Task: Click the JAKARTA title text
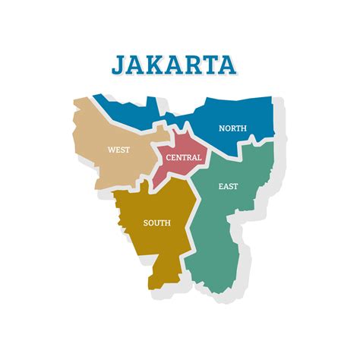173,64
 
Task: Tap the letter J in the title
119,65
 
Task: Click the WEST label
118,150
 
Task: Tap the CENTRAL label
184,157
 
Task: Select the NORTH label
232,128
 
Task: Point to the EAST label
227,186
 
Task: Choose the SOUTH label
156,223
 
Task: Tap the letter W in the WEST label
111,150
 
